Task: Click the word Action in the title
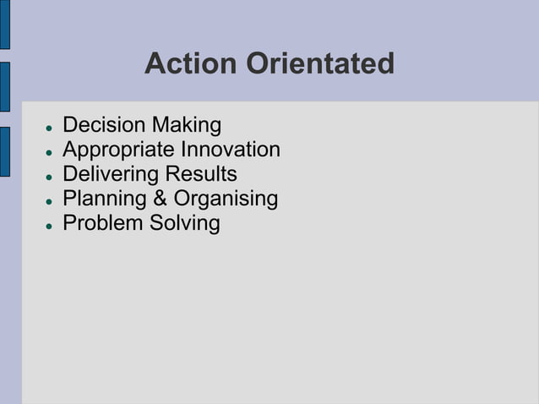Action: coord(191,63)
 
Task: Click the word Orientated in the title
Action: coord(320,63)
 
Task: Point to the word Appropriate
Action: coord(119,150)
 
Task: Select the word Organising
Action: coord(226,199)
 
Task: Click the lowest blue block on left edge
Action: coord(4,151)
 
